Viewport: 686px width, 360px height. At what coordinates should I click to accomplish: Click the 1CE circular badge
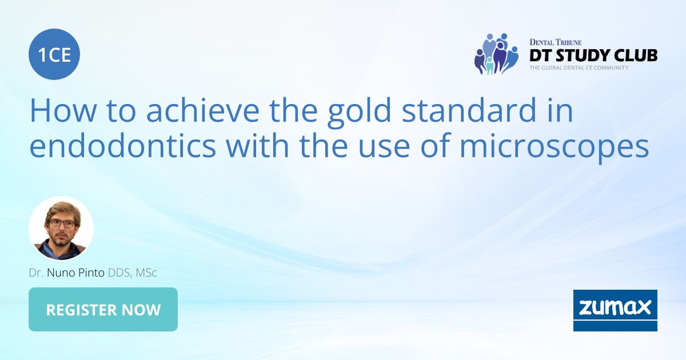pyautogui.click(x=54, y=55)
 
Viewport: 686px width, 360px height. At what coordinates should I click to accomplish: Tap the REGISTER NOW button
pyautogui.click(x=103, y=310)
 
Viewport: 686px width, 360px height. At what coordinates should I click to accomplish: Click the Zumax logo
pyautogui.click(x=615, y=310)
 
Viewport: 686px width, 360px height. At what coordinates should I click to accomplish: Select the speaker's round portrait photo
pyautogui.click(x=61, y=229)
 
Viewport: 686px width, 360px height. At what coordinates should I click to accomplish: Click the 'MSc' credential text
pyautogui.click(x=146, y=273)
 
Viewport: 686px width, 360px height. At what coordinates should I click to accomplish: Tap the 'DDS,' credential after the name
pyautogui.click(x=120, y=273)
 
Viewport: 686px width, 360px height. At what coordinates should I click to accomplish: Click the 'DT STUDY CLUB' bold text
pyautogui.click(x=593, y=55)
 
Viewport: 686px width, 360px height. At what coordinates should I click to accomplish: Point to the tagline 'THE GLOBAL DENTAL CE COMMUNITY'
pyautogui.click(x=579, y=67)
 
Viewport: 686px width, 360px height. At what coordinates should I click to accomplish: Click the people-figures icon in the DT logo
pyautogui.click(x=496, y=54)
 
